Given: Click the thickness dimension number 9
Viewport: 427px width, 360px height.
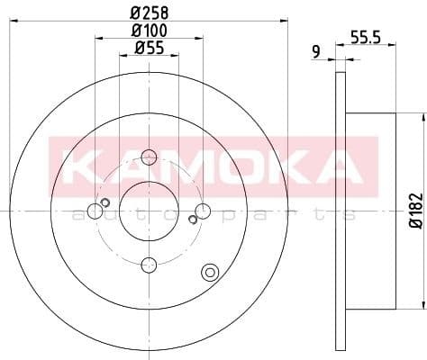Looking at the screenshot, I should (316, 52).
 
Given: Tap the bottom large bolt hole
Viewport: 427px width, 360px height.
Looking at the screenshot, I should (150, 264).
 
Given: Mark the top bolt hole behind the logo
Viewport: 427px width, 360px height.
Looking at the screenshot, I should (149, 159).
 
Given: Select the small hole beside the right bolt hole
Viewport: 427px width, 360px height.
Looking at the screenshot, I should (193, 219).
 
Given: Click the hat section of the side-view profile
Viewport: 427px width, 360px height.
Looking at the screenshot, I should (369, 211).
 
